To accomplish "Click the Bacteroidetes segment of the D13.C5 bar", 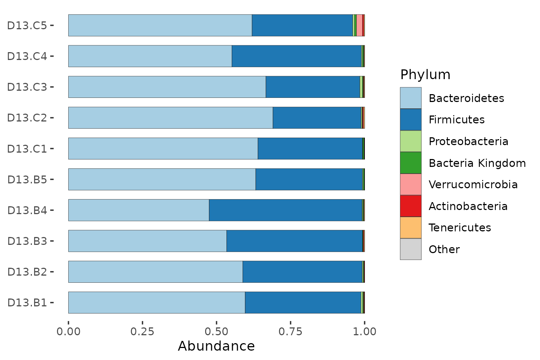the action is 160,25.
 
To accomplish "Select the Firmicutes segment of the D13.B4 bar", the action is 285,210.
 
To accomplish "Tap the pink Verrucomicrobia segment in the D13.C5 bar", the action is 359,25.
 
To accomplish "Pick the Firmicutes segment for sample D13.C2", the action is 317,118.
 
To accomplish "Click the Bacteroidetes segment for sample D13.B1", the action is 157,303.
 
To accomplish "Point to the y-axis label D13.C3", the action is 27,87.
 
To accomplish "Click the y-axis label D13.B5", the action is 27,180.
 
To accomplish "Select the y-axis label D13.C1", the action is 27,149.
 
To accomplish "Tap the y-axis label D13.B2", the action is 27,272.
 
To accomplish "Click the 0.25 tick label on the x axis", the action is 142,331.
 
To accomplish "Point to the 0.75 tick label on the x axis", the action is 290,331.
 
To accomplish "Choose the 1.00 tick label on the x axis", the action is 364,331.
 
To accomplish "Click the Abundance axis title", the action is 216,346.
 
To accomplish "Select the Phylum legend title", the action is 425,75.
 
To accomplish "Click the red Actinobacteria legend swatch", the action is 411,206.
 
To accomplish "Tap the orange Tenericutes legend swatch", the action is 411,228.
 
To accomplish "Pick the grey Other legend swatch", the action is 411,249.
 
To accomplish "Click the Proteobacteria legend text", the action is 468,141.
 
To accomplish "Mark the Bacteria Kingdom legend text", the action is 477,163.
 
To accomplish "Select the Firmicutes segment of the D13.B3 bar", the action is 295,241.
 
